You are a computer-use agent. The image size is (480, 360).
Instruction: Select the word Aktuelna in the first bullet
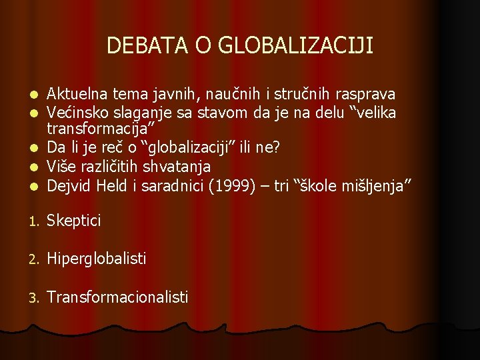[x=77, y=94]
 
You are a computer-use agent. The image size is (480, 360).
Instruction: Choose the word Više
[x=62, y=166]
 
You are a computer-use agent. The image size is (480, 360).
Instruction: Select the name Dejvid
[x=69, y=186]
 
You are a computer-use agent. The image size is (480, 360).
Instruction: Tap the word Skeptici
[x=74, y=221]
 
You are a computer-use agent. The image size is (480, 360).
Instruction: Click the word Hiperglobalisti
[x=97, y=258]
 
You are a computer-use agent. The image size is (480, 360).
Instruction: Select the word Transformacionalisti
[x=117, y=296]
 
